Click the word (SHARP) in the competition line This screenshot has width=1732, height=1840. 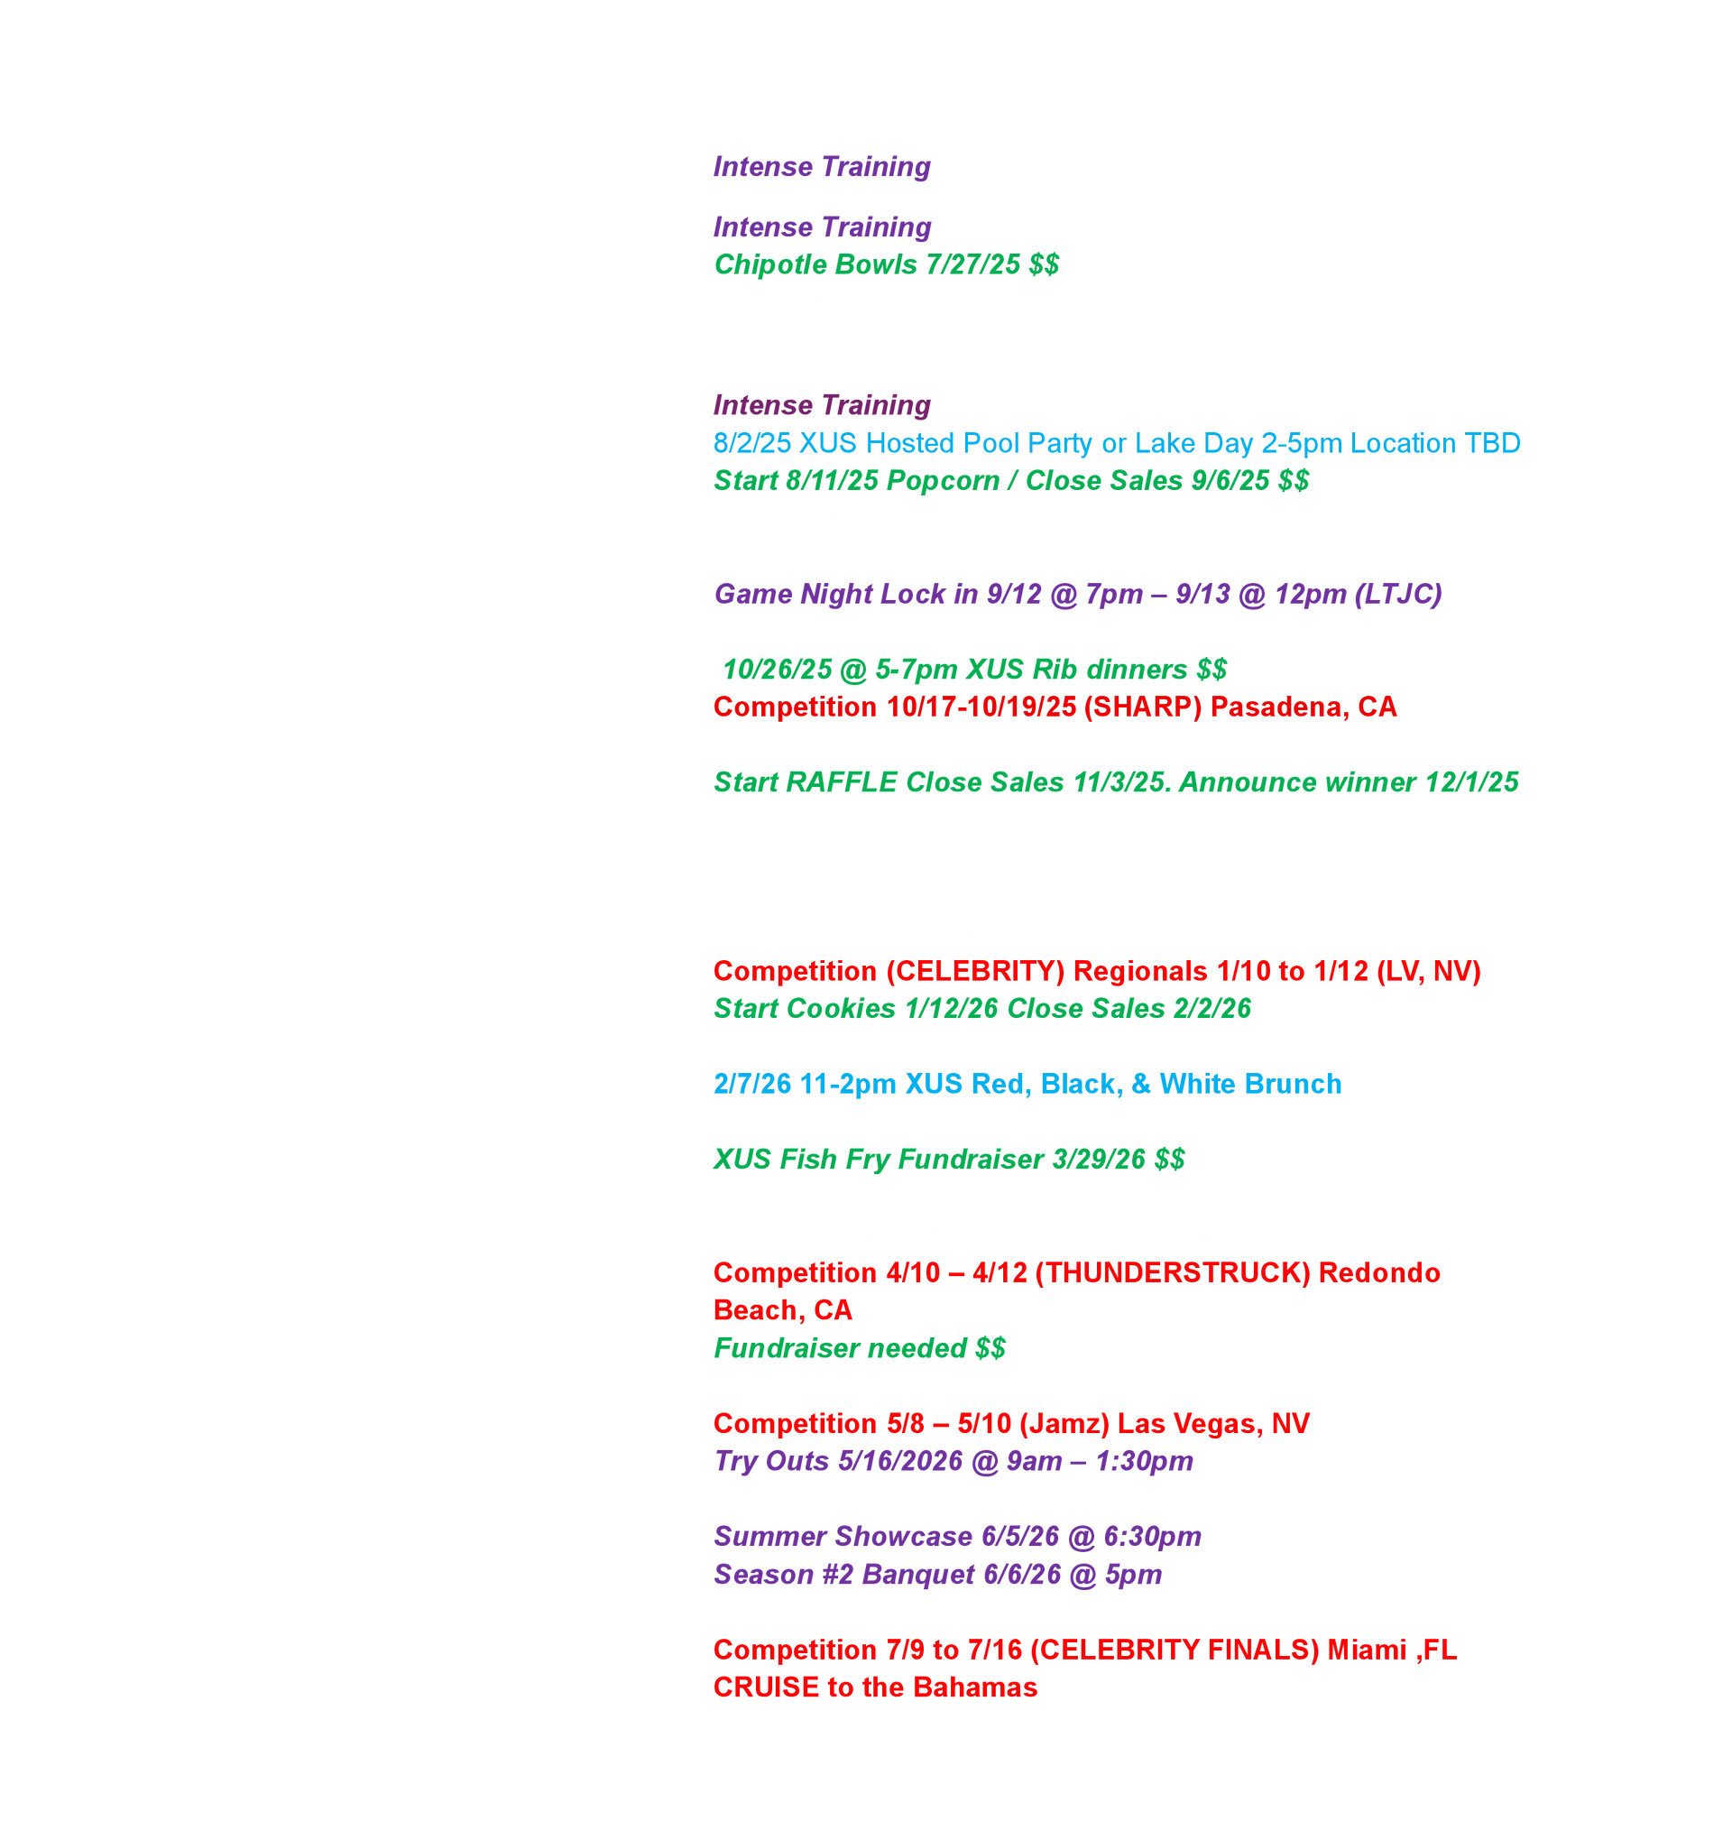[x=1143, y=707]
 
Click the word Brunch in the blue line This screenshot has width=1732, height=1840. [x=1295, y=1085]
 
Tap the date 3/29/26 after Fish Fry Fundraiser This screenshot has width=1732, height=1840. [x=1099, y=1160]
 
